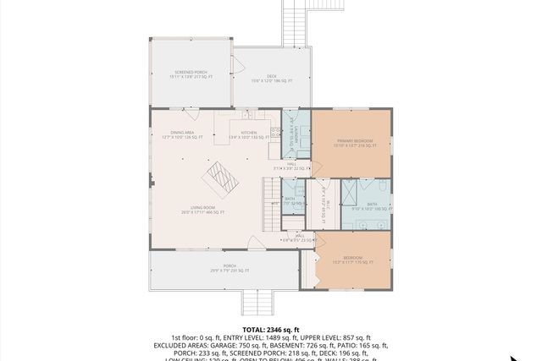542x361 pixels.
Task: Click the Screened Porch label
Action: [191, 75]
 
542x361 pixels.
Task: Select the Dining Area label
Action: [182, 134]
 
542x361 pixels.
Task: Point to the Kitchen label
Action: [248, 134]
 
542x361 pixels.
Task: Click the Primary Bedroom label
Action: [351, 144]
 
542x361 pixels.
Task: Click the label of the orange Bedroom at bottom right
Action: [353, 259]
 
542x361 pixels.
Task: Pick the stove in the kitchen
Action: [275, 134]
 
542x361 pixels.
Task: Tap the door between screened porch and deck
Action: [233, 64]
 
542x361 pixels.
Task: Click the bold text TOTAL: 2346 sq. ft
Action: [270, 329]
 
